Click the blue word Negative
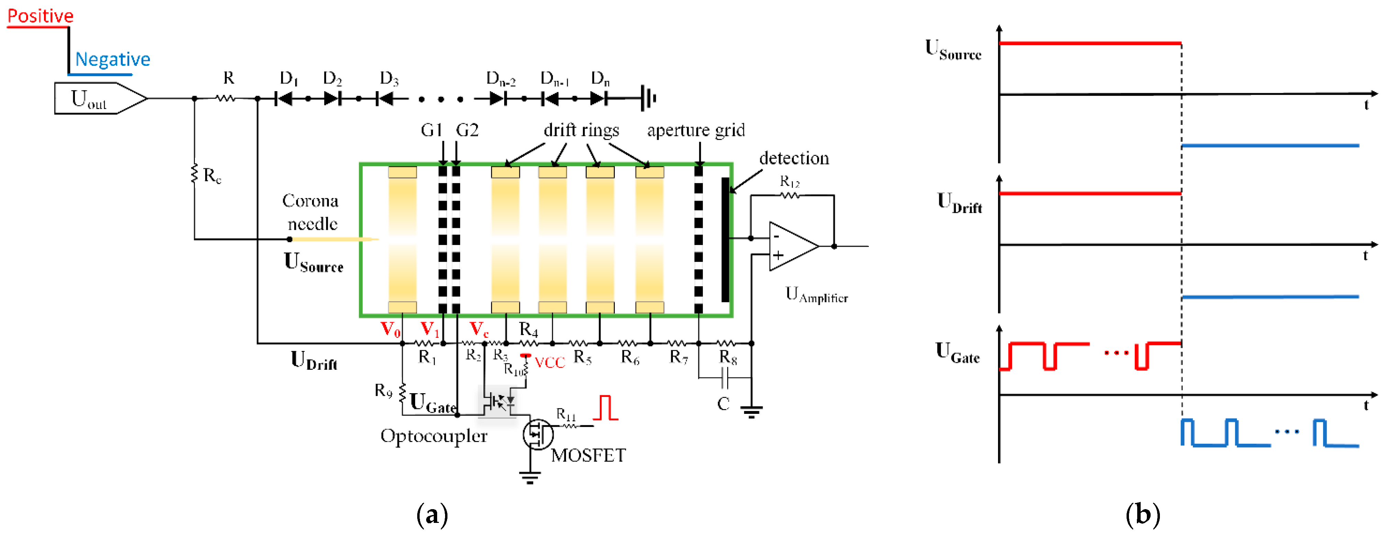tap(112, 59)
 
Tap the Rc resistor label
tap(212, 175)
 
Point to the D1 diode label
tap(289, 78)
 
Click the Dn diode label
tap(600, 78)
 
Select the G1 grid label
tap(431, 130)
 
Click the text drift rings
tap(581, 130)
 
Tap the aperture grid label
tap(696, 130)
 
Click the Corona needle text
tap(311, 212)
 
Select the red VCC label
tap(550, 363)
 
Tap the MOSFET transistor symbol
tap(538, 434)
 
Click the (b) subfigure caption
tap(1142, 514)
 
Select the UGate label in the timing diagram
tap(957, 353)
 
